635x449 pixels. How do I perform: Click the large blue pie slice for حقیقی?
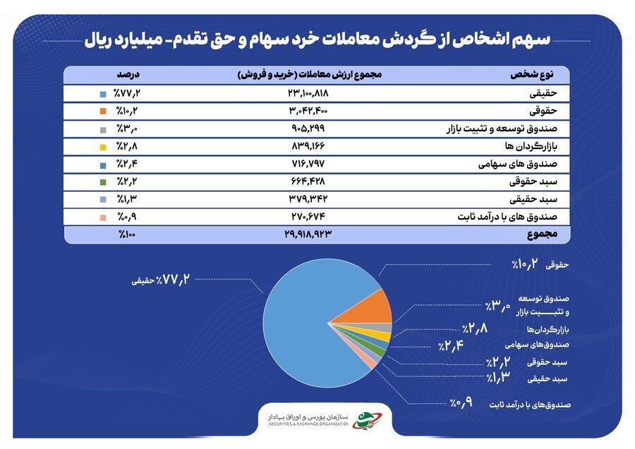(300, 324)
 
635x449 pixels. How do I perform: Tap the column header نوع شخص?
(532, 75)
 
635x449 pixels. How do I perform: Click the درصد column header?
(128, 75)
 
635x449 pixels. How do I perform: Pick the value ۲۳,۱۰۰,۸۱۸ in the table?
(308, 93)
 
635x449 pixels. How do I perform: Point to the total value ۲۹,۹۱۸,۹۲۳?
(308, 234)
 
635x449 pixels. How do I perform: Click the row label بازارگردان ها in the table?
(531, 146)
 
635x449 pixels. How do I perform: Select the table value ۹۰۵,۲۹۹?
(308, 128)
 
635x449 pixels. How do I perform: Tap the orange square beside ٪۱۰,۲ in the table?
(103, 111)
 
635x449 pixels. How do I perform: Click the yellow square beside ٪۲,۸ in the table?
(103, 147)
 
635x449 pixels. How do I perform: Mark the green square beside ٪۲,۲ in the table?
(103, 182)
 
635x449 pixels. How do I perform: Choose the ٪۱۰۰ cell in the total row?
(127, 234)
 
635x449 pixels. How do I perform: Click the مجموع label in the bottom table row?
(543, 234)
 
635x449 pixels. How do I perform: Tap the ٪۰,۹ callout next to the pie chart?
(461, 402)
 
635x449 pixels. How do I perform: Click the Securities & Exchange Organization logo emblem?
(366, 419)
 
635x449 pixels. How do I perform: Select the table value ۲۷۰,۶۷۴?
(308, 217)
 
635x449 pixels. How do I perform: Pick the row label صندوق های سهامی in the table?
(518, 164)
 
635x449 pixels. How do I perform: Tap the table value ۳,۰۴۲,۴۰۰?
(308, 111)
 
